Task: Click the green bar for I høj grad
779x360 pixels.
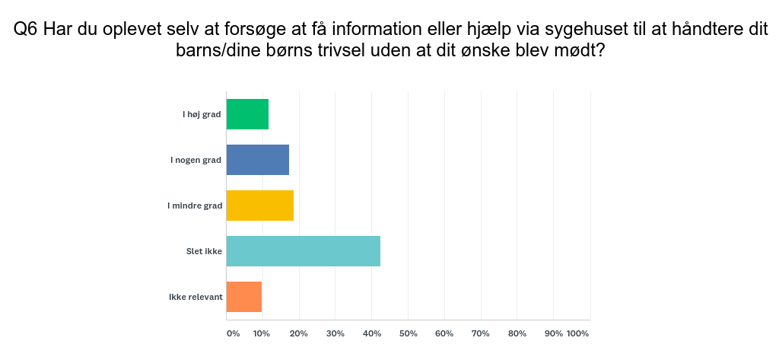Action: tap(247, 114)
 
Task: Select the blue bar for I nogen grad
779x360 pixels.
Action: tap(258, 160)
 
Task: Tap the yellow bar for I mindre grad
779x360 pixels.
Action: tap(260, 205)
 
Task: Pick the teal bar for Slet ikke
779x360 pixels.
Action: tap(304, 251)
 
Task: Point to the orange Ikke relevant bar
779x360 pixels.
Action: tap(244, 297)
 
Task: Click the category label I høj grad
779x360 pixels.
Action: tap(202, 114)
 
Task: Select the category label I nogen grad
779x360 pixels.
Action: tap(196, 160)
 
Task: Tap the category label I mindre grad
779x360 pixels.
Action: tap(195, 205)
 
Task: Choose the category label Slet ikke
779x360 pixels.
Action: tap(204, 251)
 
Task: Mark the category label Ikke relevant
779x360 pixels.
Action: tap(196, 297)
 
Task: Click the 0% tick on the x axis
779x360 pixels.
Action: tap(233, 333)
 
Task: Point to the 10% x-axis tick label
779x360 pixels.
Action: tap(262, 333)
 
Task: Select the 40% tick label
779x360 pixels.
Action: tap(372, 333)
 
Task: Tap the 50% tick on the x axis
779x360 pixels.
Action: tap(409, 333)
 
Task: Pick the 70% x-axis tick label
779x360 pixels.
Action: tap(481, 333)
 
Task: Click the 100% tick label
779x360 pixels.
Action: tap(578, 333)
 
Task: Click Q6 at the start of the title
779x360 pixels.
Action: tap(27, 30)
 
